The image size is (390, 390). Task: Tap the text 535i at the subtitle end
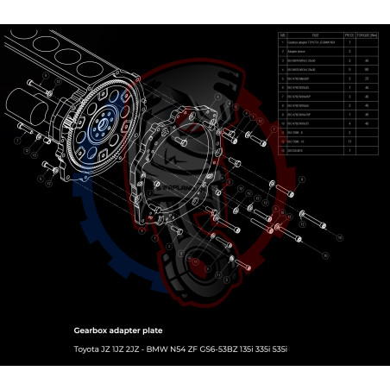click(276, 349)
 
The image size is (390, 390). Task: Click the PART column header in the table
click(315, 35)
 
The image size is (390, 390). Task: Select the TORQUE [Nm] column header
click(366, 35)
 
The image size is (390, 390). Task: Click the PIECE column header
click(349, 35)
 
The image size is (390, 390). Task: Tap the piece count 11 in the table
click(349, 140)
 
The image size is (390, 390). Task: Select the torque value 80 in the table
click(367, 68)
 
